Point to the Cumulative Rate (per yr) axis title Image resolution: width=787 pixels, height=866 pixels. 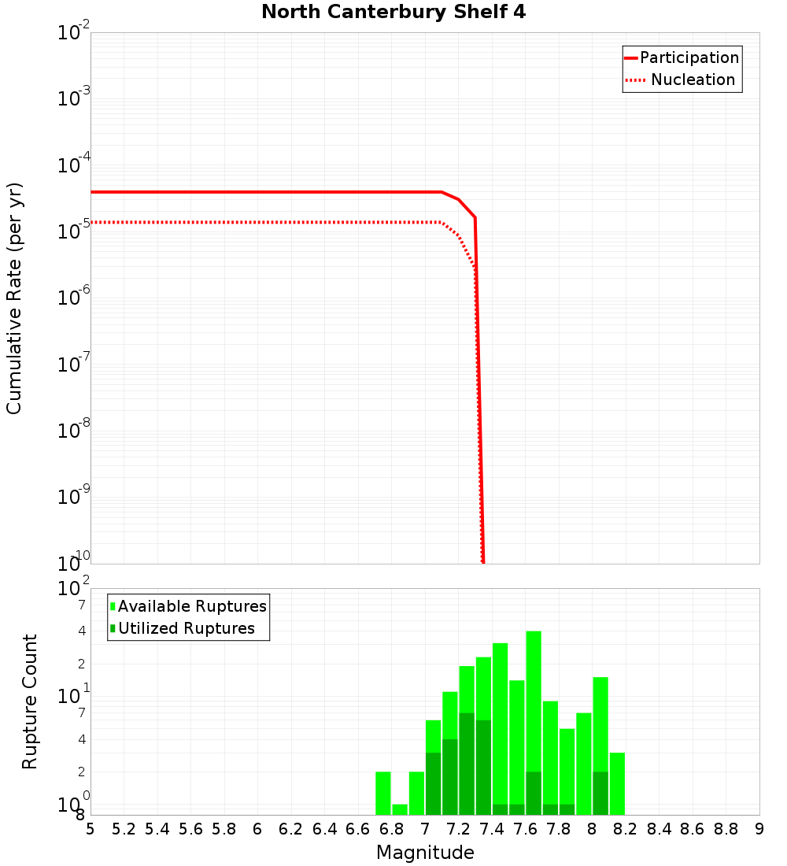pos(14,298)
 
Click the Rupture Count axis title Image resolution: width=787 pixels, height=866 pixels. pos(30,701)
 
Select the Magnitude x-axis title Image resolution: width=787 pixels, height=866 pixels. pos(425,853)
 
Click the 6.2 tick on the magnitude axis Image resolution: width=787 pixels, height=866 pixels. pos(290,829)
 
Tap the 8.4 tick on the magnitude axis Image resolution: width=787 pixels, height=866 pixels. pos(659,829)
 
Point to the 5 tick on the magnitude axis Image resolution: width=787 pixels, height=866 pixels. pos(91,829)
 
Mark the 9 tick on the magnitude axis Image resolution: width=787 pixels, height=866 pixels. pos(759,829)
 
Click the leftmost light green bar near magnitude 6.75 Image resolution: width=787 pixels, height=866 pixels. pos(383,793)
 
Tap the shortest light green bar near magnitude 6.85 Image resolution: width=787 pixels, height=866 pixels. pos(400,809)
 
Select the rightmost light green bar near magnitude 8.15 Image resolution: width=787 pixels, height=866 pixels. pos(617,783)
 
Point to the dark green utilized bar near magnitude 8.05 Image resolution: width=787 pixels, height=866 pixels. pos(600,793)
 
